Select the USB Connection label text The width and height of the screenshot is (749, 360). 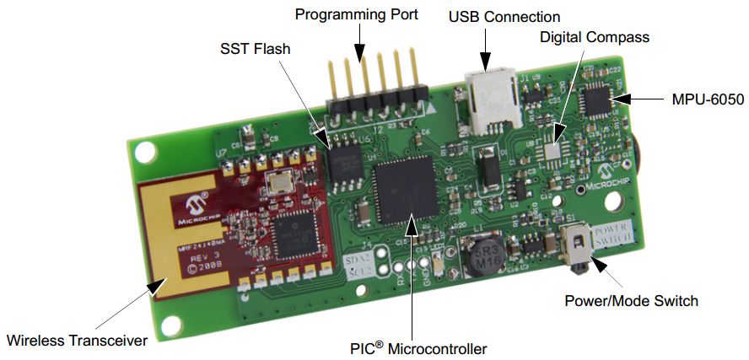(x=504, y=17)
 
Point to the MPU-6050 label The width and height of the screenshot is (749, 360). (x=708, y=99)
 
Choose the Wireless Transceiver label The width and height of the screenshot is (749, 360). (x=77, y=341)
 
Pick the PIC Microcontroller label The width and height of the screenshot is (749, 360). (x=418, y=347)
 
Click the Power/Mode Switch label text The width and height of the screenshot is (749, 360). (x=631, y=300)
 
